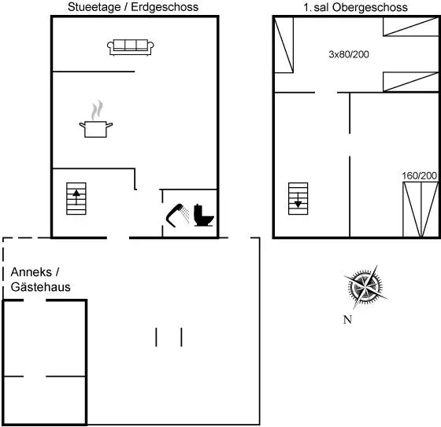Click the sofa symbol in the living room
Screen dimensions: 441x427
tap(131, 47)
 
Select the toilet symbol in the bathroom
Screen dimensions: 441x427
tap(204, 215)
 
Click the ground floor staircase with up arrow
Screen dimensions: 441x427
tap(76, 199)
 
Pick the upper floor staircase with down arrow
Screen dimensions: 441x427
tap(298, 199)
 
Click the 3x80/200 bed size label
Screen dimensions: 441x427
tap(349, 54)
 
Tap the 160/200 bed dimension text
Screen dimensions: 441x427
tap(419, 176)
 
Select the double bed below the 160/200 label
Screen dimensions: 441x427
tap(421, 209)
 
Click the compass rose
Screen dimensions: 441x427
tap(365, 287)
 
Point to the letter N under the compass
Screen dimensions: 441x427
tap(347, 320)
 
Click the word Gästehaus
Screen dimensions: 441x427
tap(40, 287)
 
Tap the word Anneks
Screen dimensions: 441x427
tap(31, 272)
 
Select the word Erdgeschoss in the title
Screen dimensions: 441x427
tap(165, 7)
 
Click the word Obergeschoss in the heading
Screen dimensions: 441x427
tap(370, 8)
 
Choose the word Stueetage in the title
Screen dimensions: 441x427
tap(94, 7)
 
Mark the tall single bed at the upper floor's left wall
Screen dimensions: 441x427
tap(283, 45)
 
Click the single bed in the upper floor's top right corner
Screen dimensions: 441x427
tap(411, 27)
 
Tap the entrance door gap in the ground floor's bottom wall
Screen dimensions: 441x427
tap(118, 238)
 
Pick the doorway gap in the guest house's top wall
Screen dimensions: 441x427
tap(35, 300)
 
